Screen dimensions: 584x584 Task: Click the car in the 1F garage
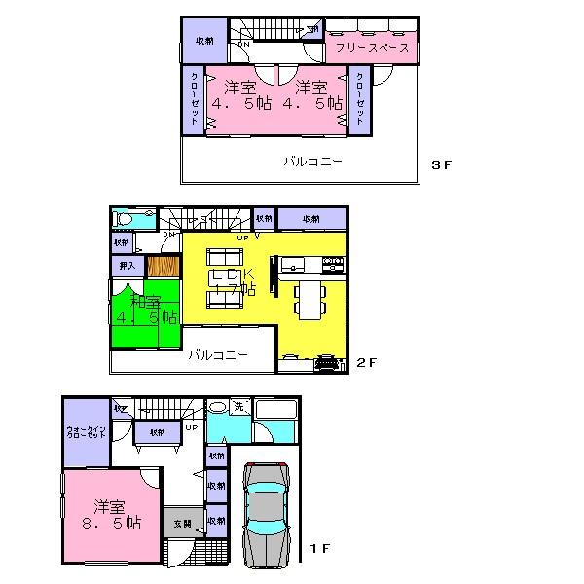[266, 514]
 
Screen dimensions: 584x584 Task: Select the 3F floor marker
[442, 164]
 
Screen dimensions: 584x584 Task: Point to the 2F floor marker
[365, 363]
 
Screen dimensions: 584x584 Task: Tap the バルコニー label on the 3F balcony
[312, 162]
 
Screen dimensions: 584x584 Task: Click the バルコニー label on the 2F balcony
[217, 355]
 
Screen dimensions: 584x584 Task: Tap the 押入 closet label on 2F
[127, 264]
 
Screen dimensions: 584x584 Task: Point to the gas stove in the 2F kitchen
[332, 264]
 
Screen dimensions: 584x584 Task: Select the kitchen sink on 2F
[294, 264]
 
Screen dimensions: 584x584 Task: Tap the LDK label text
[234, 275]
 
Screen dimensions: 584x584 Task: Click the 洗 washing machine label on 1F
[237, 408]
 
